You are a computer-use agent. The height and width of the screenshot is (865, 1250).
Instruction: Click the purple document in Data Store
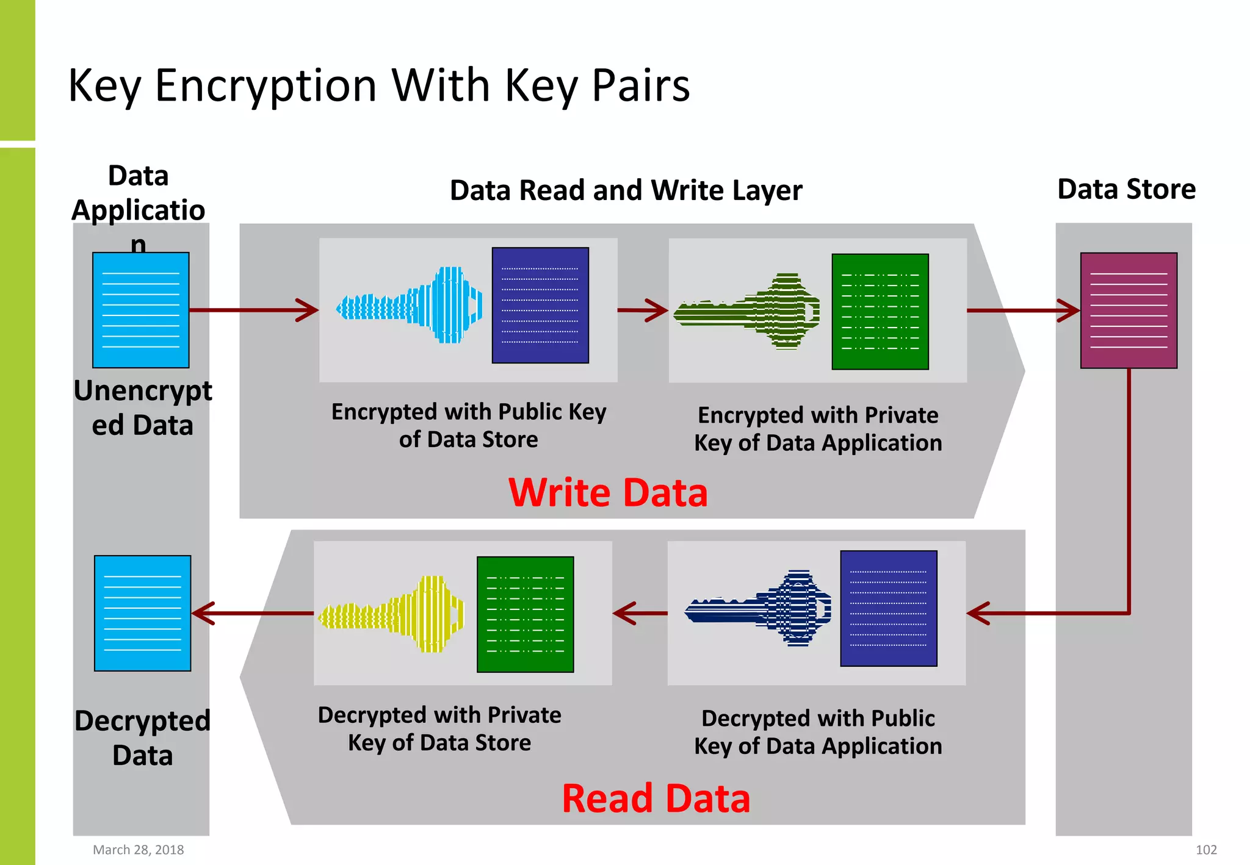(x=1129, y=310)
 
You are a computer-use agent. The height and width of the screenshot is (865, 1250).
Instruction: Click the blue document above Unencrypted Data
(x=141, y=310)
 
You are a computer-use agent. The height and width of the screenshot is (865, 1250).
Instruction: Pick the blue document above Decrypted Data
(x=143, y=613)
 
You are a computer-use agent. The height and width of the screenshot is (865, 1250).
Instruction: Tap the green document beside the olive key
(x=880, y=312)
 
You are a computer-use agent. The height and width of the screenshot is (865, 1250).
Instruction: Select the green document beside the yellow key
(x=525, y=614)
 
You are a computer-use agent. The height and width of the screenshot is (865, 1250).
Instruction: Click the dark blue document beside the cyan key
(x=540, y=305)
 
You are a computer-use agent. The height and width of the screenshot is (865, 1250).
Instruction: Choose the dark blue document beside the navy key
(x=889, y=608)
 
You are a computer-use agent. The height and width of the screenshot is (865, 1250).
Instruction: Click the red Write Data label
(x=608, y=492)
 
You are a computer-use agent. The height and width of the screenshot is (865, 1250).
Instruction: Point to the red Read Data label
(x=656, y=799)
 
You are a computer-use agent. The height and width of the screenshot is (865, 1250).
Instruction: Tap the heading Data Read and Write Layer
(x=626, y=190)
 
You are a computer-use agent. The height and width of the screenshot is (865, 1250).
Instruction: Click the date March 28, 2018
(x=138, y=850)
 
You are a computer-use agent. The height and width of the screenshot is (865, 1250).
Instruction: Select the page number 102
(x=1206, y=850)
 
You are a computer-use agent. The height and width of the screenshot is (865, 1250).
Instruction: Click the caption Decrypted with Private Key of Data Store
(x=439, y=728)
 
